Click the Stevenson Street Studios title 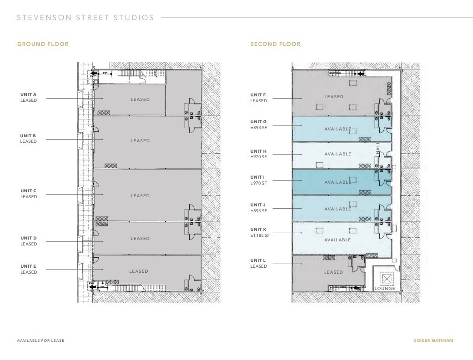pyautogui.click(x=86, y=18)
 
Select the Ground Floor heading pyautogui.click(x=43, y=44)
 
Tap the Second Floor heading pyautogui.click(x=275, y=44)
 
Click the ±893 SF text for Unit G pyautogui.click(x=259, y=128)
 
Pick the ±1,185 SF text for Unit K pyautogui.click(x=260, y=235)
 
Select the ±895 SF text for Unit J pyautogui.click(x=259, y=210)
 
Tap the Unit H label pyautogui.click(x=258, y=151)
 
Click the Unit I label pyautogui.click(x=258, y=177)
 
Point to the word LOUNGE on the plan pyautogui.click(x=384, y=289)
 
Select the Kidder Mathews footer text pyautogui.click(x=433, y=340)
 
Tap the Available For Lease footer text pyautogui.click(x=40, y=340)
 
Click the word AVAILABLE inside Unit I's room pyautogui.click(x=337, y=182)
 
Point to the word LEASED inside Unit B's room pyautogui.click(x=140, y=141)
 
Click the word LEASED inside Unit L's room pyautogui.click(x=333, y=272)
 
